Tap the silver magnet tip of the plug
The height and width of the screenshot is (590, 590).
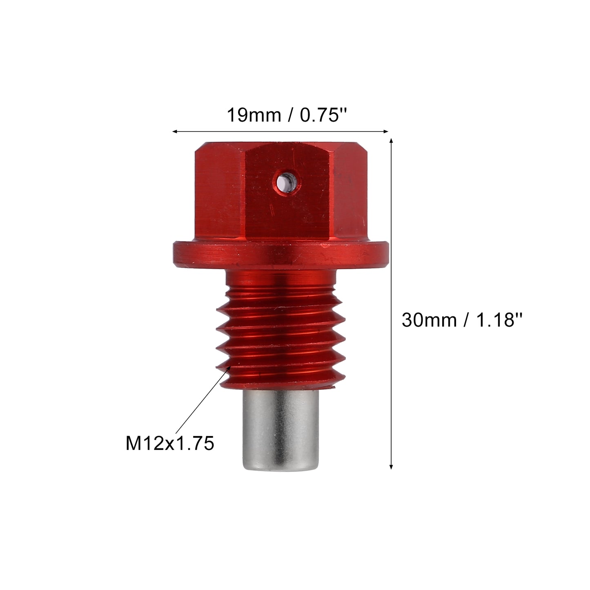(x=281, y=432)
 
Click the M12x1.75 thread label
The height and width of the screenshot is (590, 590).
(x=169, y=444)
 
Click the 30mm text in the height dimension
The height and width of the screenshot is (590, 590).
(x=429, y=320)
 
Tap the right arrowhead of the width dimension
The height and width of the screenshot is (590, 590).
(x=385, y=131)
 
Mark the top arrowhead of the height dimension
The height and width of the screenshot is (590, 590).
(x=391, y=141)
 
